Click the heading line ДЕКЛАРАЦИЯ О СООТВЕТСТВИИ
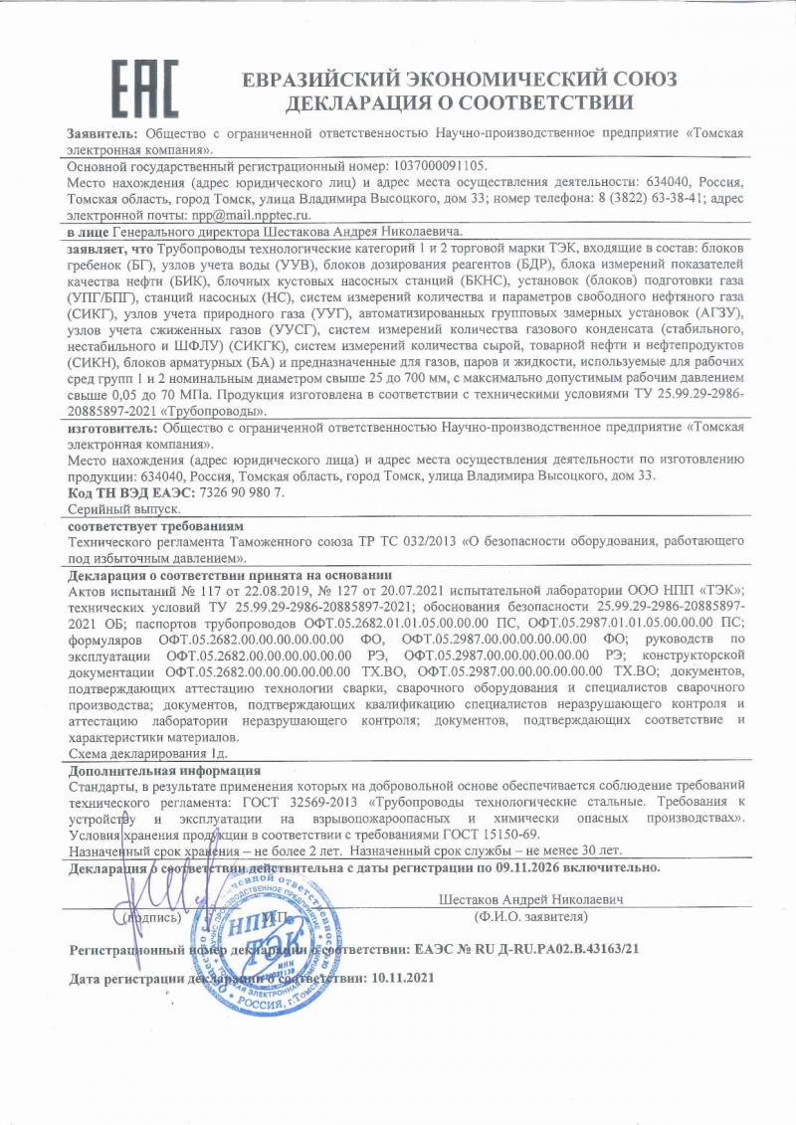(x=459, y=102)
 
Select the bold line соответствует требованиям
(x=155, y=524)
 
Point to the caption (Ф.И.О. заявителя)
(x=530, y=916)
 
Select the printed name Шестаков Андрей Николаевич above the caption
(x=530, y=900)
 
